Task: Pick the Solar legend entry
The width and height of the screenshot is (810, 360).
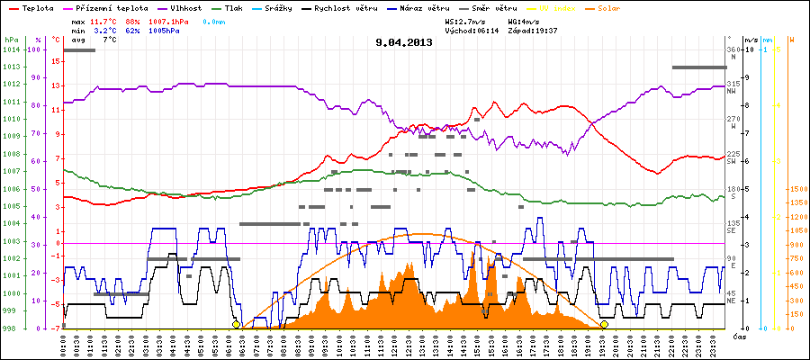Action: click(x=622, y=8)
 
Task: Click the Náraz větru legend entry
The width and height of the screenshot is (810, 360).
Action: click(x=434, y=8)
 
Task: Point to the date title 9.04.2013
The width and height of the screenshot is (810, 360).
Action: click(x=404, y=41)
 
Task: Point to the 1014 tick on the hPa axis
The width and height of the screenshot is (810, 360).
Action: click(x=10, y=49)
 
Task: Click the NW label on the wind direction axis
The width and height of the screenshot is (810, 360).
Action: click(x=733, y=91)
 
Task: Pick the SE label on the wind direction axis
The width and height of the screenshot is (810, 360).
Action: click(x=733, y=231)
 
